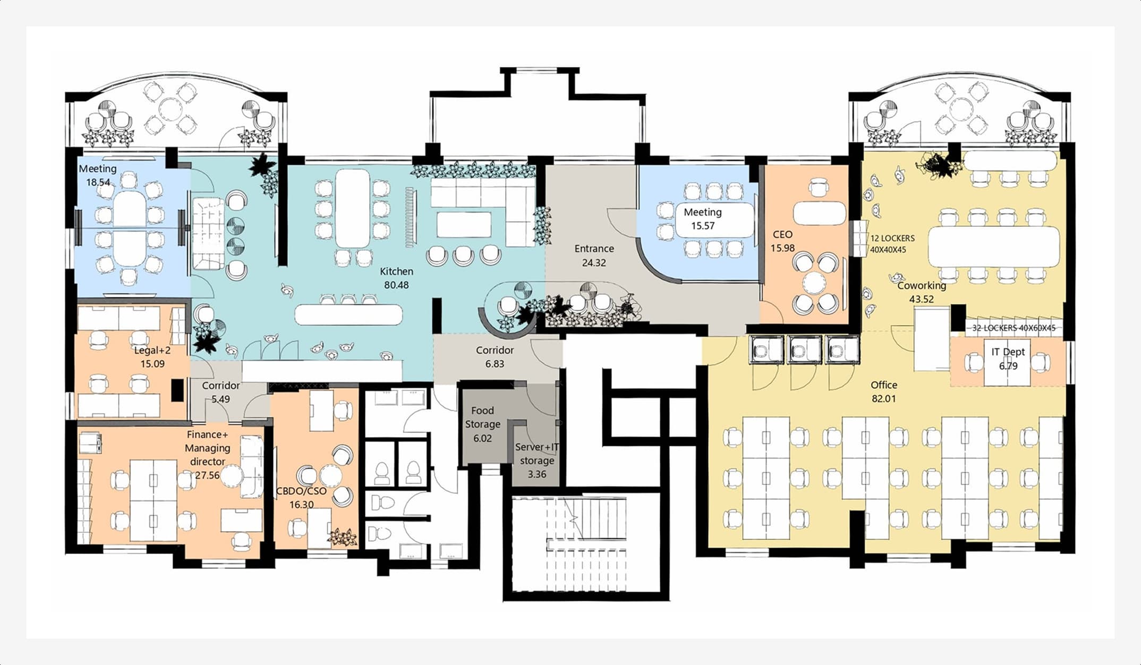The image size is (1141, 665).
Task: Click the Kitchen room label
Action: coord(396,271)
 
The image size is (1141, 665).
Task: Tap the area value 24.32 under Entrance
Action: coord(594,263)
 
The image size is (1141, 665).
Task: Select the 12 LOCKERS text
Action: coord(892,238)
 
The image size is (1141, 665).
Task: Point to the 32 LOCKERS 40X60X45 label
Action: coord(1014,328)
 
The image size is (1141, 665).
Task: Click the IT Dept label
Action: coord(1008,352)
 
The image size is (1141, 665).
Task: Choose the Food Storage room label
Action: coord(482,417)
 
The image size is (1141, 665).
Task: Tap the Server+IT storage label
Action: coord(537,454)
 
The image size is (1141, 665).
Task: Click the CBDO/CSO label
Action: coord(301,491)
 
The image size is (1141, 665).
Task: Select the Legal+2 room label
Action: coord(152,351)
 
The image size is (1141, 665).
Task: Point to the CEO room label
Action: coord(782,234)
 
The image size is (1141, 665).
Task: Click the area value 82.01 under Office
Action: coord(884,398)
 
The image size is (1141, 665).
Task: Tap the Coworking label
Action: coord(922,286)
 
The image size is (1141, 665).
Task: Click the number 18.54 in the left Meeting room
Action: coord(98,182)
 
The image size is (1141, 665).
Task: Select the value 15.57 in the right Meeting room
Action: coord(703,226)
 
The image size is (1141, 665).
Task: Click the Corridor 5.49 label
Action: coord(221,392)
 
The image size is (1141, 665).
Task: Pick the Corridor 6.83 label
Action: coord(495,357)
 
